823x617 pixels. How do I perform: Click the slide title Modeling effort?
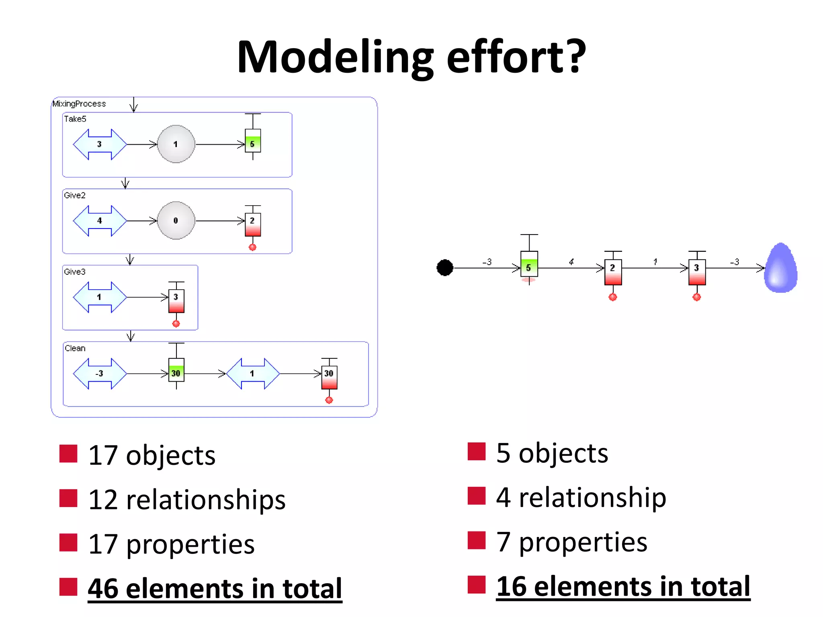[411, 57]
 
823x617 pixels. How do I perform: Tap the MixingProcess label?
[79, 104]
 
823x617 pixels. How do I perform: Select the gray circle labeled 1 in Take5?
[176, 144]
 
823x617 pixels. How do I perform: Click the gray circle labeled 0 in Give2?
[176, 221]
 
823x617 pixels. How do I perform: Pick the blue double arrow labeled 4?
[100, 221]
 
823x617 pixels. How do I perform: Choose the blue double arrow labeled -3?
[100, 374]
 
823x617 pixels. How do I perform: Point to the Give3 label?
[75, 272]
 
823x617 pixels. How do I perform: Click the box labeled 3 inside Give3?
[176, 301]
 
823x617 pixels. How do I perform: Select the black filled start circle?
[445, 268]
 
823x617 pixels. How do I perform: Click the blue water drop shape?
[781, 268]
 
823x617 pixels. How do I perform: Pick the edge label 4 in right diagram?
[571, 262]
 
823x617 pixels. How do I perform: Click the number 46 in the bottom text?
[103, 588]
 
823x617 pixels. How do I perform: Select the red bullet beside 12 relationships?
[68, 498]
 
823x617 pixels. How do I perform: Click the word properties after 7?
[583, 542]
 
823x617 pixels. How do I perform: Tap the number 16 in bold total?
[511, 586]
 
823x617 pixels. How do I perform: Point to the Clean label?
[75, 348]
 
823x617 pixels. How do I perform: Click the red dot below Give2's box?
[252, 247]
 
